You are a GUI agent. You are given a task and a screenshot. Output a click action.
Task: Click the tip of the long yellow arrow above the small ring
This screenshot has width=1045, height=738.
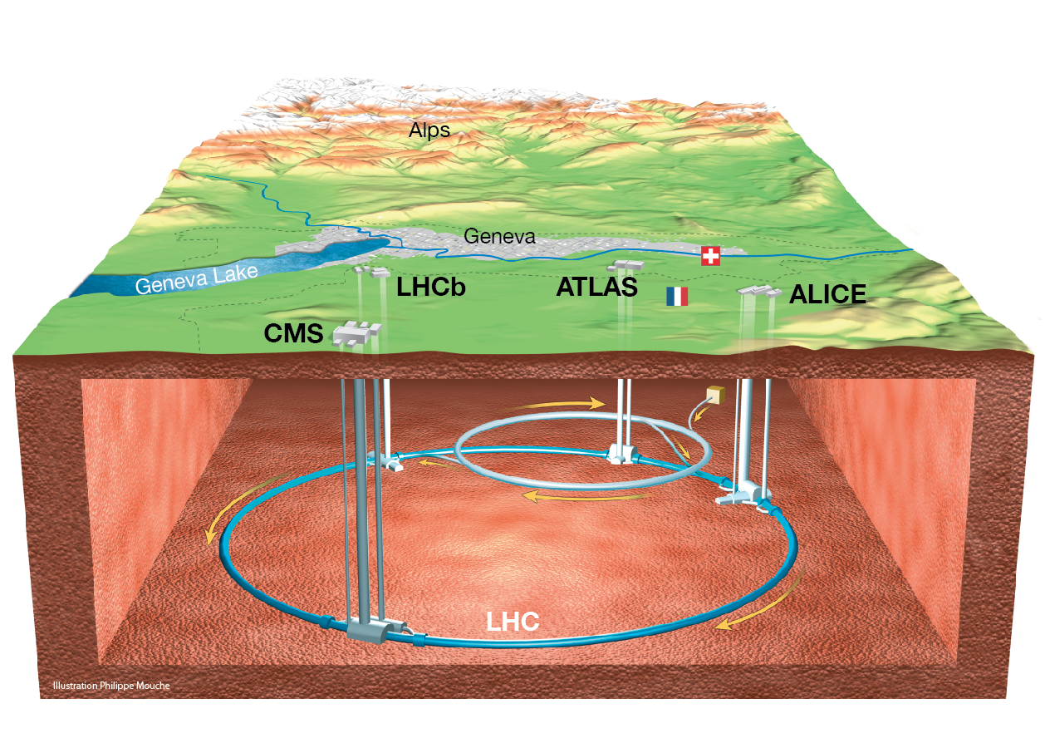click(x=605, y=403)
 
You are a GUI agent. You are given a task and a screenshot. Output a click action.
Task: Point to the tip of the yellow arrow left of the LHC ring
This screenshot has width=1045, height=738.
click(x=209, y=544)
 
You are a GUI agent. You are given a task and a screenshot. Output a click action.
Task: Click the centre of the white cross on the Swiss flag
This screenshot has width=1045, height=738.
click(x=710, y=256)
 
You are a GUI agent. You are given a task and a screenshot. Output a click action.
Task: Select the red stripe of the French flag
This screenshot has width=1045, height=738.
click(x=684, y=297)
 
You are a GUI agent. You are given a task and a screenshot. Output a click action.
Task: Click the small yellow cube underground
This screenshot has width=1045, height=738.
click(x=716, y=395)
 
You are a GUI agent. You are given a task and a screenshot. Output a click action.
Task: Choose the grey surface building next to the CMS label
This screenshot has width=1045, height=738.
click(x=357, y=333)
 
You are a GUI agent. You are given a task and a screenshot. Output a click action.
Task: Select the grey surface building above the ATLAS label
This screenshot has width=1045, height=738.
click(x=626, y=266)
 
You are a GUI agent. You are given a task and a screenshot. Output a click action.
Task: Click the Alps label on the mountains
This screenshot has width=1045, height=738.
click(x=429, y=130)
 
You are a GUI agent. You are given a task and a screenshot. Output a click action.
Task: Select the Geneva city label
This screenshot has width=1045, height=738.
click(x=499, y=236)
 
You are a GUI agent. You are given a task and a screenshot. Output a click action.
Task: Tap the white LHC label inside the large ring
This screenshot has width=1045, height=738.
click(x=513, y=622)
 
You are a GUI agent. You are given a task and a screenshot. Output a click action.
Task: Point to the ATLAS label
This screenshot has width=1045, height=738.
click(x=596, y=287)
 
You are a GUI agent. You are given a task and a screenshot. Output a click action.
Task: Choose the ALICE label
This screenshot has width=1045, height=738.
click(x=827, y=294)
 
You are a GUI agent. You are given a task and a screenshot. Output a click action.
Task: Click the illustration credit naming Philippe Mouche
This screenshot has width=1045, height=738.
click(x=111, y=686)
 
